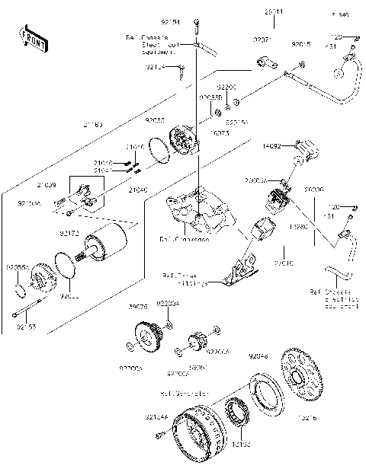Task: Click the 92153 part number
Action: (x=25, y=327)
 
